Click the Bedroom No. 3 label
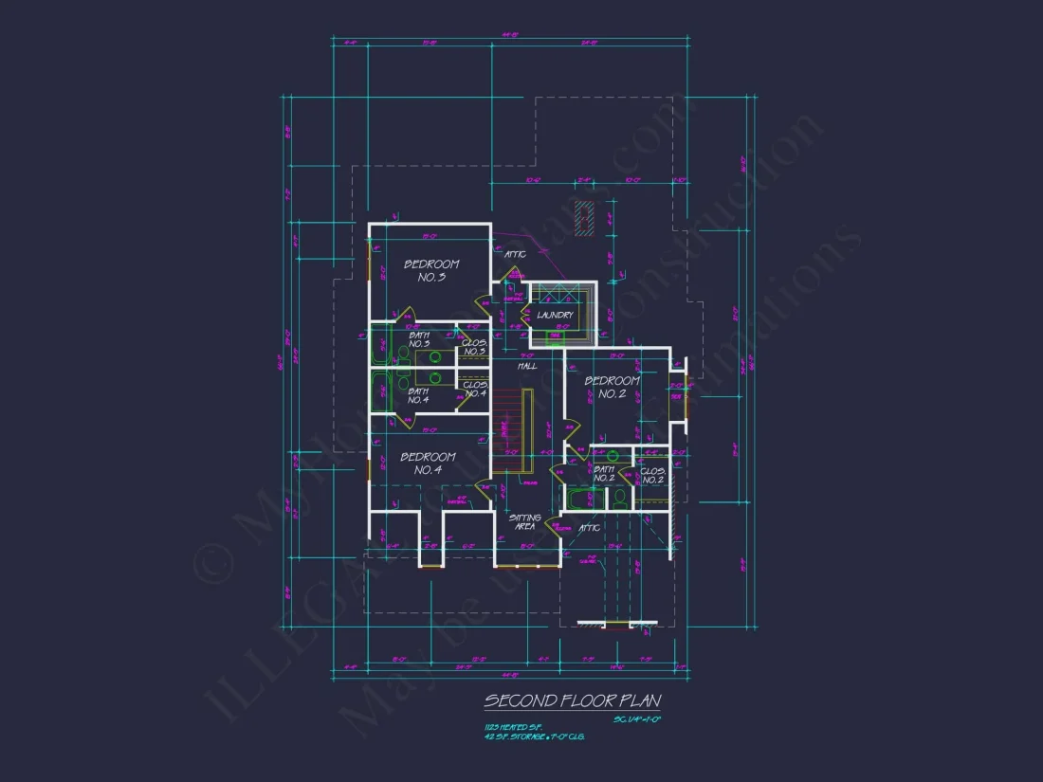pyautogui.click(x=431, y=270)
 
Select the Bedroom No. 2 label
pyautogui.click(x=612, y=387)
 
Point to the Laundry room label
pyautogui.click(x=555, y=315)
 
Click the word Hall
pyautogui.click(x=527, y=366)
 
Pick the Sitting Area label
pyautogui.click(x=524, y=521)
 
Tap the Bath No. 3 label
pyautogui.click(x=418, y=339)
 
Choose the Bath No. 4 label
pyautogui.click(x=418, y=395)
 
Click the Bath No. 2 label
pyautogui.click(x=604, y=473)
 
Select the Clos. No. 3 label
pyautogui.click(x=474, y=347)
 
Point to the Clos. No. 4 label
pyautogui.click(x=474, y=389)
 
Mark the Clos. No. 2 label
pyautogui.click(x=652, y=475)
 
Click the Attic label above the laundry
pyautogui.click(x=515, y=254)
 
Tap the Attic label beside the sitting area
pyautogui.click(x=590, y=527)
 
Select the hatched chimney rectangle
pyautogui.click(x=587, y=218)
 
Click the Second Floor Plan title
pyautogui.click(x=572, y=700)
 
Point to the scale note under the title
pyautogui.click(x=636, y=719)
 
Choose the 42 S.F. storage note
pyautogui.click(x=533, y=736)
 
